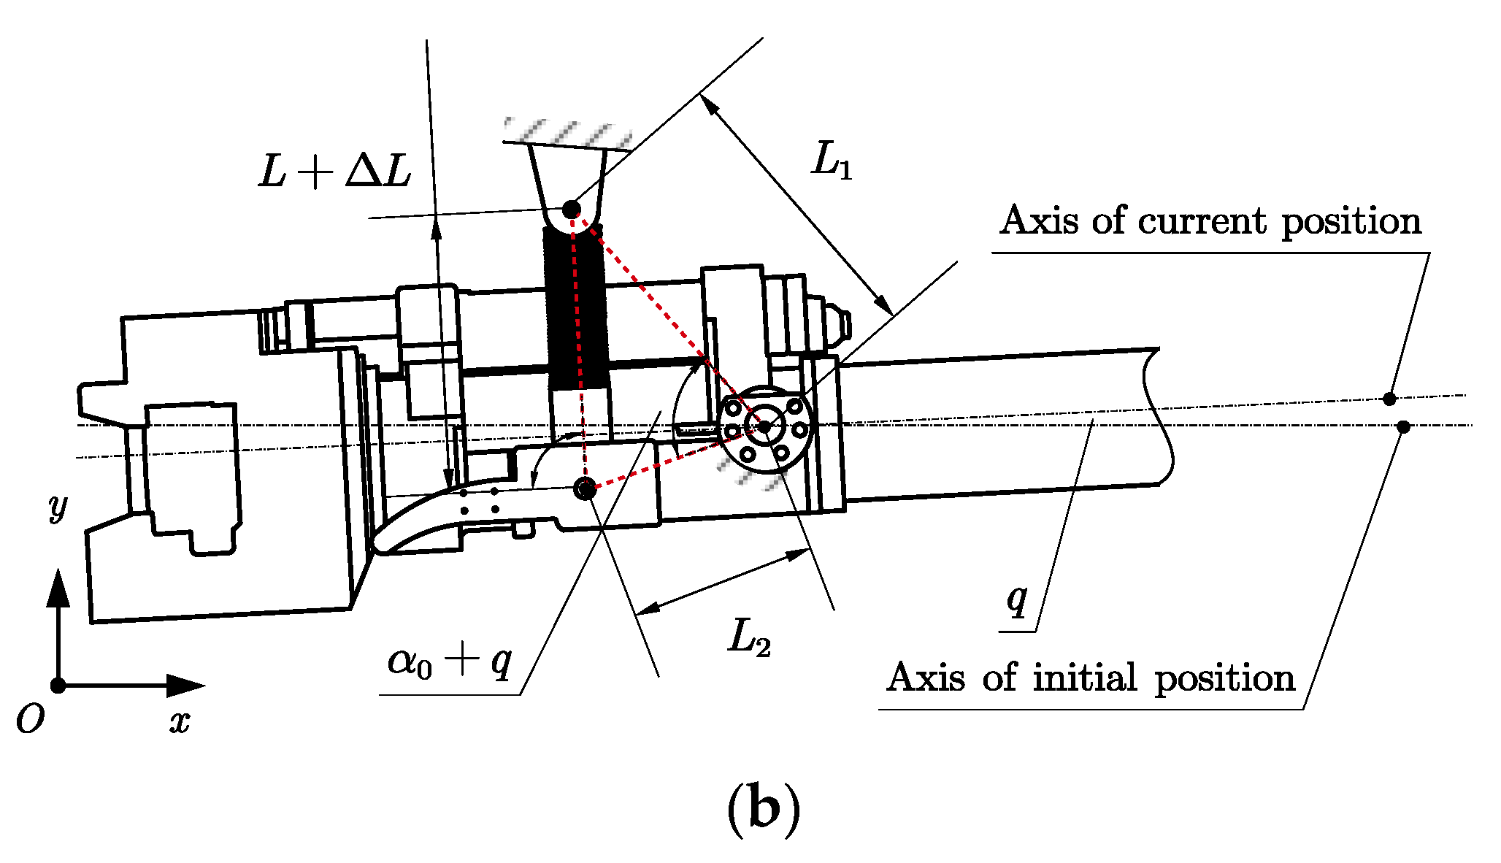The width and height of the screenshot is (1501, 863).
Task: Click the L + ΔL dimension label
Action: point(335,173)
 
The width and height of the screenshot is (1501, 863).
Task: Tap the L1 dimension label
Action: point(832,159)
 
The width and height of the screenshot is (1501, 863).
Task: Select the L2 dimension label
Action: point(750,637)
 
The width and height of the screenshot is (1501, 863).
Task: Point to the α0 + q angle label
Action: point(450,662)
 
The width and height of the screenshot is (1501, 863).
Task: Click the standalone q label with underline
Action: point(1018,599)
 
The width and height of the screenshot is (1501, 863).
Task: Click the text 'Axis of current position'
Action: point(1211,220)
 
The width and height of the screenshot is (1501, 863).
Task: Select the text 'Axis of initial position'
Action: point(1091,678)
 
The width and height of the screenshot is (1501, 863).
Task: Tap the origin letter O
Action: point(31,719)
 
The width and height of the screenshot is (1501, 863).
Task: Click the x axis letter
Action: point(180,722)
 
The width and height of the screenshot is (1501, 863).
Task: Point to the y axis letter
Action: point(58,506)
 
